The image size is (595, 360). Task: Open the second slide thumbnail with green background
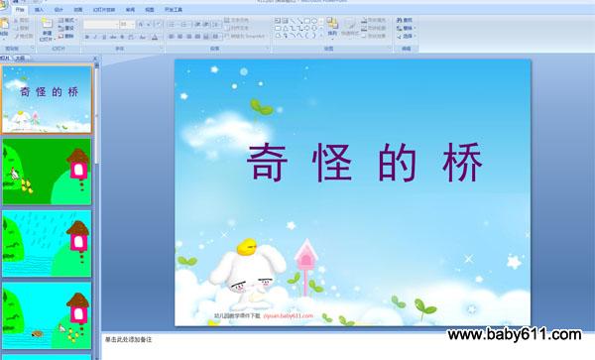(48, 172)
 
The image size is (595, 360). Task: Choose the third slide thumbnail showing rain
(48, 242)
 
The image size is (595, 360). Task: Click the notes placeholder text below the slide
(129, 339)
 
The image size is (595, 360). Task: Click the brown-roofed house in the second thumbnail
(76, 161)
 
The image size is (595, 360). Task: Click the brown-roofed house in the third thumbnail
(77, 234)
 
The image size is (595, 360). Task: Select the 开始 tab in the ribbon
(19, 9)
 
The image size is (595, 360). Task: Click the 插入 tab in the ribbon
(39, 9)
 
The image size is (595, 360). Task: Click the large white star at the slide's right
(514, 264)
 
